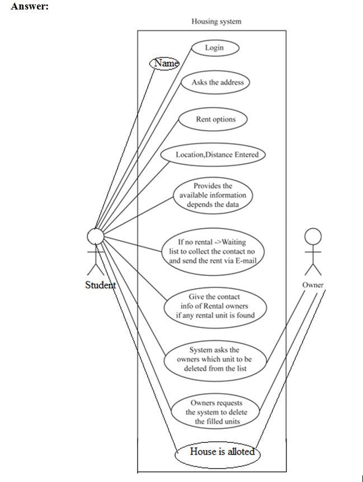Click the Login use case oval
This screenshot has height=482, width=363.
point(214,48)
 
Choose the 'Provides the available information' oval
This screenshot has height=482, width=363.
point(213,195)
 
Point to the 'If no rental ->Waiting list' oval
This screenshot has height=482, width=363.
point(212,251)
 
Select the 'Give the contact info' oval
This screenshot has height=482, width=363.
point(214,306)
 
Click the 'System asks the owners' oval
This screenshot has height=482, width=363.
point(214,360)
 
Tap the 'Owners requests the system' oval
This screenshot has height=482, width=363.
point(215,412)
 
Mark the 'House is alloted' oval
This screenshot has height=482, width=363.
point(218,452)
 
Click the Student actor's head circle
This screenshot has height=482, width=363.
point(96,237)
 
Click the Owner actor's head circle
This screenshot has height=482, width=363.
point(313,236)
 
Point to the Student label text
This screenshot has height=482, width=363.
point(100,285)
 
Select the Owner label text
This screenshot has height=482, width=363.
point(313,285)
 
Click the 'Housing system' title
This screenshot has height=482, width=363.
point(216,22)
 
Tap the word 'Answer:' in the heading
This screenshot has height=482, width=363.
point(30,7)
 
